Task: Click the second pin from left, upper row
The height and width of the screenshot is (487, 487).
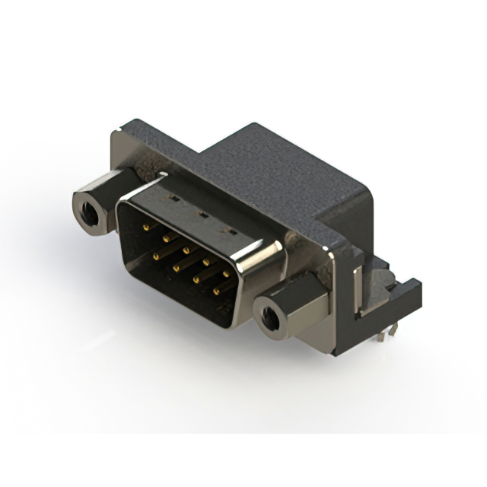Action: (165, 237)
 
